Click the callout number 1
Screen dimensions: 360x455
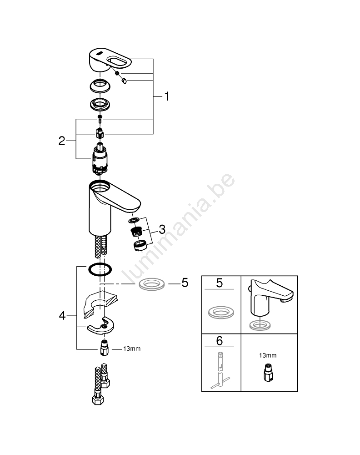167,96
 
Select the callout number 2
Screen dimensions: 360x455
62,141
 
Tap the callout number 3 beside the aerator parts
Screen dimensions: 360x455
162,229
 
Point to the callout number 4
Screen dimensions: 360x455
62,315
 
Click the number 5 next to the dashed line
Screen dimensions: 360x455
185,283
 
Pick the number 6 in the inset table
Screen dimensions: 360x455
220,341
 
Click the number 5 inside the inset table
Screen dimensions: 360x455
220,283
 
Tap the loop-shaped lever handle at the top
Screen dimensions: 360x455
110,61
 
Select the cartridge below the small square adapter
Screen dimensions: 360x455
100,159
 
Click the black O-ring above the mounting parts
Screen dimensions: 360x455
100,269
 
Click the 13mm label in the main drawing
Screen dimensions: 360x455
132,349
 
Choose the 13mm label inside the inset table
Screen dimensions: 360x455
268,355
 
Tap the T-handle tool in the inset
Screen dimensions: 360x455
220,370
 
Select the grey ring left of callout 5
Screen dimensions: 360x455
152,284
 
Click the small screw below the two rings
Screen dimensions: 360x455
100,118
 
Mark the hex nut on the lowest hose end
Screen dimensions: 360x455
98,400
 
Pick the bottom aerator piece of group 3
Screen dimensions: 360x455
140,246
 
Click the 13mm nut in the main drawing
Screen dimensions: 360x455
105,348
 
